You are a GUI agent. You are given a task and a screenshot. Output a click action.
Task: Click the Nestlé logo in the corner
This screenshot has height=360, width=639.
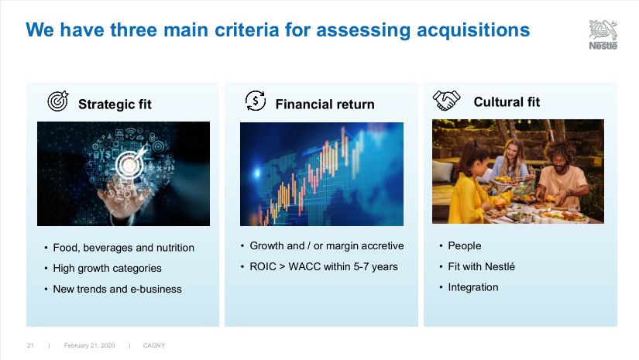pos(603,35)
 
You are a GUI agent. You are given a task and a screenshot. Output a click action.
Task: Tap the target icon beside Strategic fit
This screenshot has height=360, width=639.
pos(58,101)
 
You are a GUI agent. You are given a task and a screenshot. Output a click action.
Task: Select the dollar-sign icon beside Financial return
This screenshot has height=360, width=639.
pos(256,101)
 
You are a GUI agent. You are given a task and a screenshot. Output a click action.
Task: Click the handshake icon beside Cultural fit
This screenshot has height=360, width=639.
pos(446,100)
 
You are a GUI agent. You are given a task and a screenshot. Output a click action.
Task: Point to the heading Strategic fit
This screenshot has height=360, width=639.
pos(115,105)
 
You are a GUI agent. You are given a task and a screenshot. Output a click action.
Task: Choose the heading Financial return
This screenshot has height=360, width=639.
pos(325,105)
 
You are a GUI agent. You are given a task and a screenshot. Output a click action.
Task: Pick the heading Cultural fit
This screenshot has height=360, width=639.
pos(507,102)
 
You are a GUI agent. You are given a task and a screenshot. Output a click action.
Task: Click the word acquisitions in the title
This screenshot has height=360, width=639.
pos(473,30)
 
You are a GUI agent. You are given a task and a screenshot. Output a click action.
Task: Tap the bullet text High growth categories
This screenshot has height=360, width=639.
pos(107,269)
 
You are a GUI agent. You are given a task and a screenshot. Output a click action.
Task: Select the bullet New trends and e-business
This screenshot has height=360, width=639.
pos(118,289)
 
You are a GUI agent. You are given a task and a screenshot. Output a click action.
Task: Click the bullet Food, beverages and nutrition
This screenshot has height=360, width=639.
pos(123,248)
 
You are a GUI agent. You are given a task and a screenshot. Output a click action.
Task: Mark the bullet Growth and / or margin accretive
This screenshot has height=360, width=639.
pos(327,246)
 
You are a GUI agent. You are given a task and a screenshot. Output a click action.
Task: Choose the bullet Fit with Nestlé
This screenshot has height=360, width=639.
pos(481,267)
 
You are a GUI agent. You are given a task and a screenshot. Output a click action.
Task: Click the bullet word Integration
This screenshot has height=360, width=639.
pos(473,287)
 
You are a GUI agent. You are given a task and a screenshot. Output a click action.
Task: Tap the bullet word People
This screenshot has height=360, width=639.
pos(465,246)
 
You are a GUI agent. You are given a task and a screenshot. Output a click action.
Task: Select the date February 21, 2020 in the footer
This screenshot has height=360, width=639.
pos(89,345)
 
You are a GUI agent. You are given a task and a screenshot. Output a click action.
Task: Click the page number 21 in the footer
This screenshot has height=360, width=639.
pos(30,345)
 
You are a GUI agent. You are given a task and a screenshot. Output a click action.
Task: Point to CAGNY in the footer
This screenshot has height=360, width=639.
pos(154,345)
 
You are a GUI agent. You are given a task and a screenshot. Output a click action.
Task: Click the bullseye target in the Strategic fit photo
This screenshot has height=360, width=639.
pos(129,165)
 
